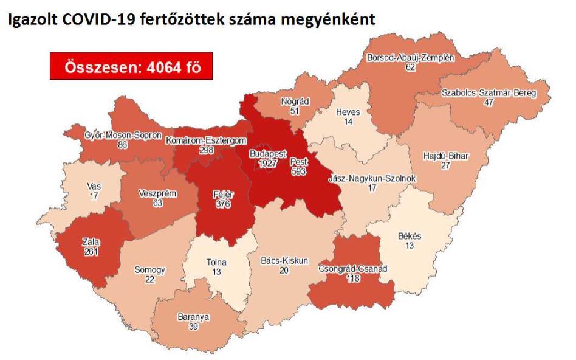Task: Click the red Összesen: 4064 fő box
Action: click(x=131, y=66)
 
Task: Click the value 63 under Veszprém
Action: click(x=157, y=203)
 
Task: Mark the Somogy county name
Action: click(x=149, y=270)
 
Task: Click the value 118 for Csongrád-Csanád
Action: click(x=352, y=279)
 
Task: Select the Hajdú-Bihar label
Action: click(x=445, y=156)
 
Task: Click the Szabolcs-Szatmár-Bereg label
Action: click(x=489, y=93)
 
